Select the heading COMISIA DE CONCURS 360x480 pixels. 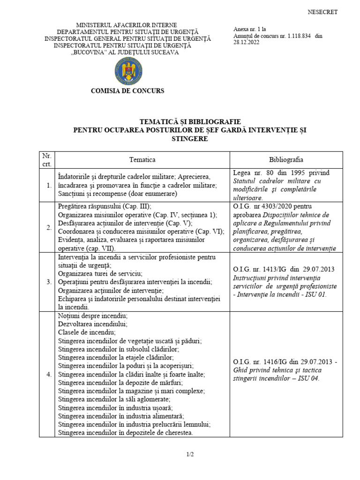point(127,91)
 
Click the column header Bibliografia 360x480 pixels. point(286,160)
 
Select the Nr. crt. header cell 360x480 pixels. point(47,160)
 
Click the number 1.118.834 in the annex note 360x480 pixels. point(293,36)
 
